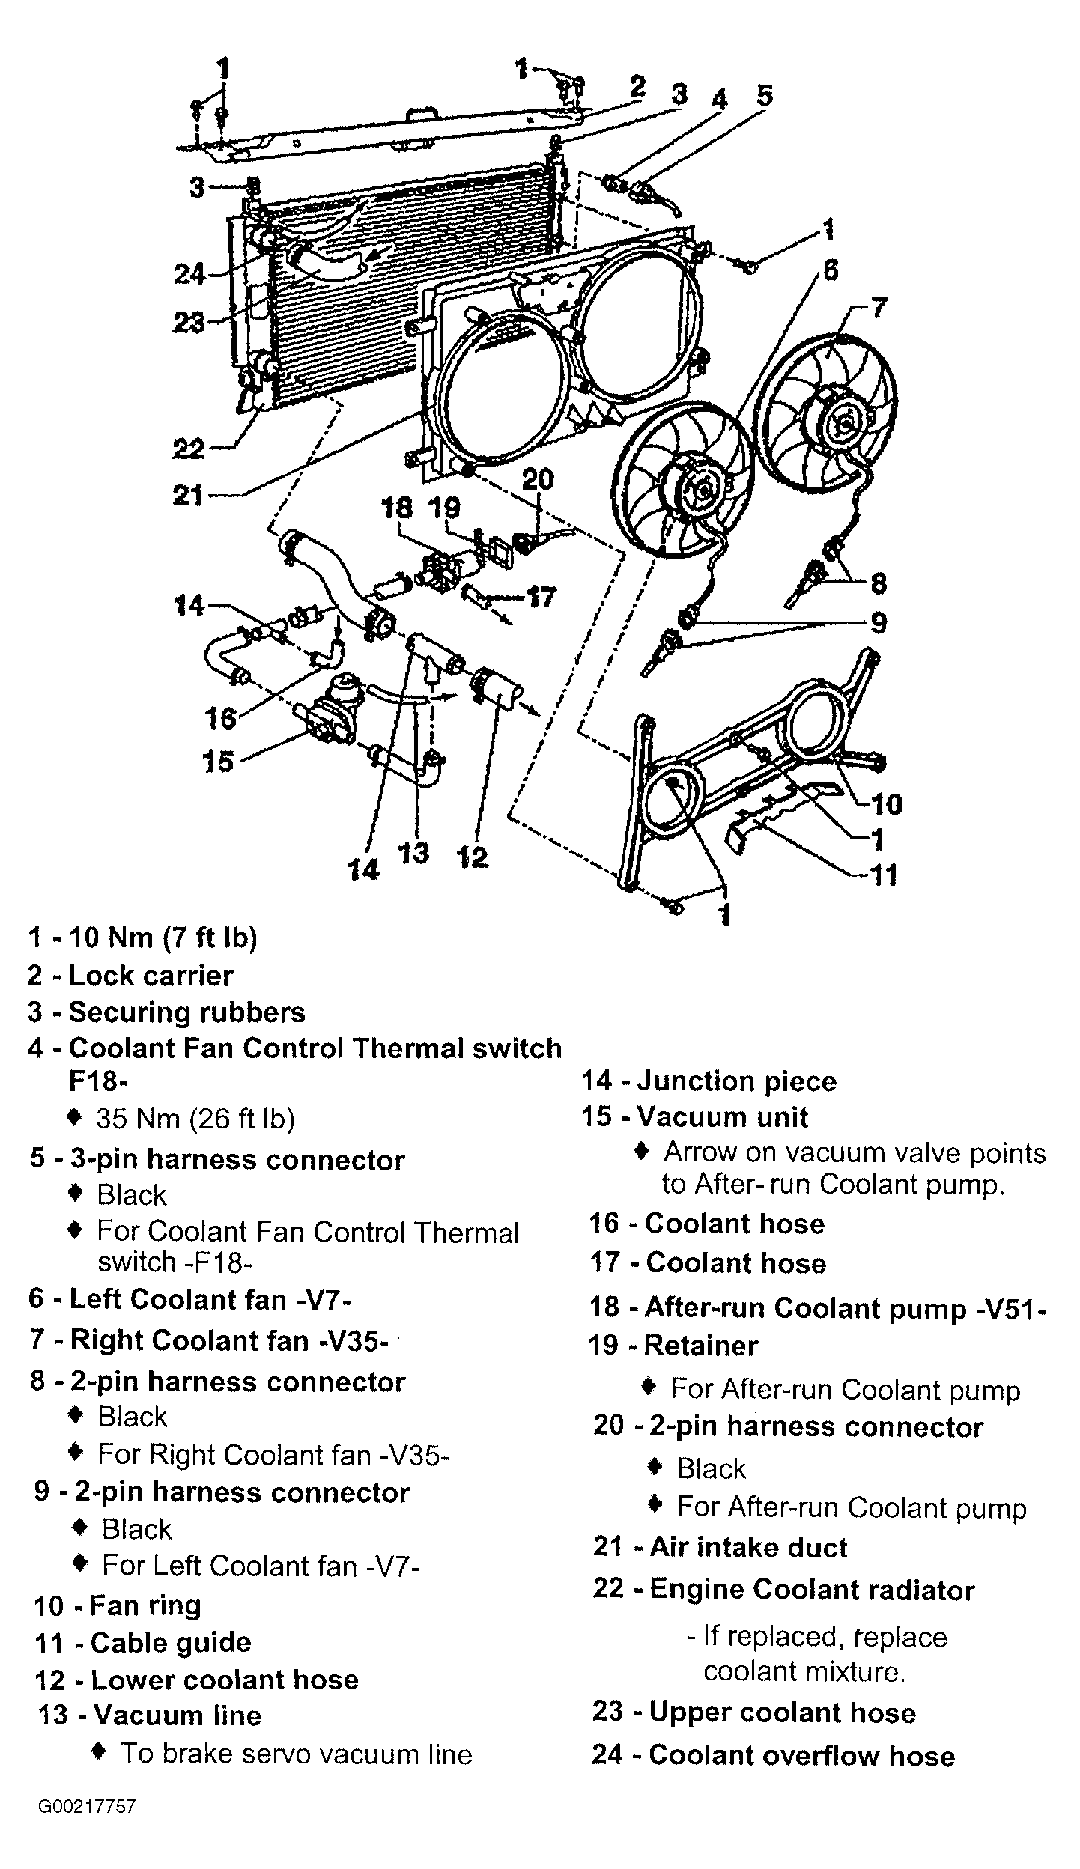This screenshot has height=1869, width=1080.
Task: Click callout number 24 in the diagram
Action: (x=189, y=274)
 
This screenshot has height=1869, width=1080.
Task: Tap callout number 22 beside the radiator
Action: (x=188, y=449)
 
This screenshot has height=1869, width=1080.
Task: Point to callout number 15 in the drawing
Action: (x=218, y=762)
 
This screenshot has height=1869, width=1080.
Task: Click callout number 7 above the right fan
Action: (x=877, y=307)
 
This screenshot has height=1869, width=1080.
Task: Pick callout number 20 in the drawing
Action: (x=537, y=479)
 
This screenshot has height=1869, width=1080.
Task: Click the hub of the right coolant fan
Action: (x=843, y=424)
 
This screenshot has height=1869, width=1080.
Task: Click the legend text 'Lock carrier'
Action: (x=151, y=976)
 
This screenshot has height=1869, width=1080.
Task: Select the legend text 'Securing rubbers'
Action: (x=186, y=1012)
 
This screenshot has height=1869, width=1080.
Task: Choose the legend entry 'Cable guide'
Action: (x=171, y=1642)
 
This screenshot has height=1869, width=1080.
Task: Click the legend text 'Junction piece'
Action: (x=736, y=1081)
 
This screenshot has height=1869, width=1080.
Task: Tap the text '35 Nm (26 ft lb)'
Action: (x=195, y=1119)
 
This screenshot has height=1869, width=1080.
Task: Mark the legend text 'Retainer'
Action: (x=700, y=1346)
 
